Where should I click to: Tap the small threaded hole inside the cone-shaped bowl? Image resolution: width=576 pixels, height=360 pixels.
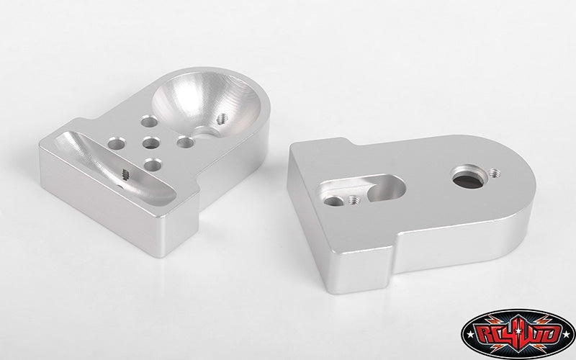click(222, 119)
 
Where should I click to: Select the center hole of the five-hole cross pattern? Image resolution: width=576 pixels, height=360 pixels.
click(151, 143)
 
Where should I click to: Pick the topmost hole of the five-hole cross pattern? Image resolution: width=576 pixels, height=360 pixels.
click(149, 122)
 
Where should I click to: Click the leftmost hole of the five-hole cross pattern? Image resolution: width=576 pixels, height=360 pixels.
click(117, 143)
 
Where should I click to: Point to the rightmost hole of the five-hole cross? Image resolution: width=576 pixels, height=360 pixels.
click(186, 142)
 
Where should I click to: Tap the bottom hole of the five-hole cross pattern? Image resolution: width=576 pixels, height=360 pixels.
click(153, 165)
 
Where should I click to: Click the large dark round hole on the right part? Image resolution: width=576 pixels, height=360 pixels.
click(468, 179)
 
